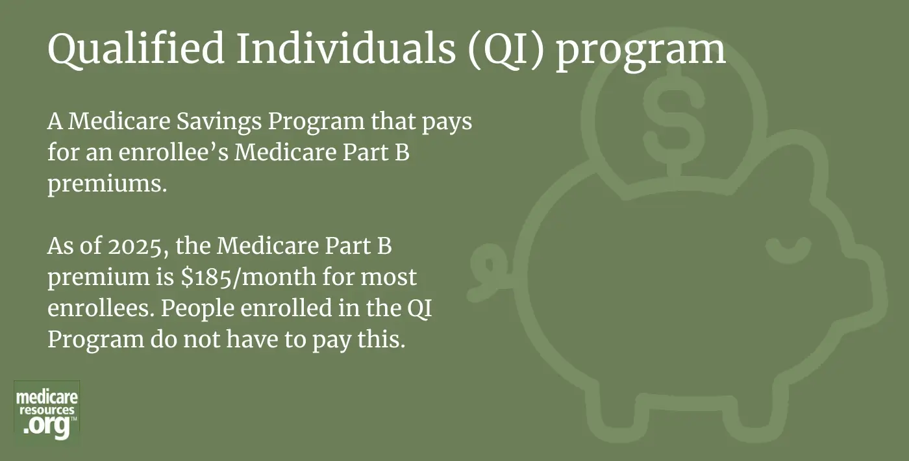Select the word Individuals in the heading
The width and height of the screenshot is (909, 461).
pos(345,48)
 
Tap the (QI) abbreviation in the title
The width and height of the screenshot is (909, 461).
pos(505,51)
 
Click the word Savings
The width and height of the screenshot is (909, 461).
pos(219,122)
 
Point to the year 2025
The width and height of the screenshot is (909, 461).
pos(135,246)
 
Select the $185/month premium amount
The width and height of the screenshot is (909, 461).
pos(249,277)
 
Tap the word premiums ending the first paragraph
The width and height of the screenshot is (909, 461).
pos(108,184)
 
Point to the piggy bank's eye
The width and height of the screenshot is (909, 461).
pos(788,250)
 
